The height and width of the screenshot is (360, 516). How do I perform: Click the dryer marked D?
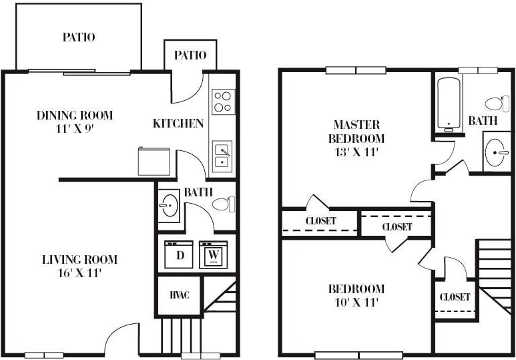click(178, 254)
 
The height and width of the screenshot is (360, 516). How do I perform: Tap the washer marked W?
click(213, 254)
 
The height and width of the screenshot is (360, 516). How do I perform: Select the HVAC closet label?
click(178, 295)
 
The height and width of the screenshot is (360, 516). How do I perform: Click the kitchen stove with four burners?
click(222, 102)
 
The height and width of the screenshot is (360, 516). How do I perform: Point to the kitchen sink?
click(222, 156)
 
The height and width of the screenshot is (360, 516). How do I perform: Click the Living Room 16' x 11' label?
click(79, 266)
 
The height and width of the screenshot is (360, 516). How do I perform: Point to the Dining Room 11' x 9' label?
click(74, 122)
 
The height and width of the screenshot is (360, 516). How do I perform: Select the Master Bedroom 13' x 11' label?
click(356, 138)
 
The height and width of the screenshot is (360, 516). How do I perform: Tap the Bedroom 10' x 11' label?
click(356, 295)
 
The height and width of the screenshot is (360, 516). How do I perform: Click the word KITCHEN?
click(178, 123)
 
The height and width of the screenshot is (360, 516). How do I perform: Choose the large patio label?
click(79, 37)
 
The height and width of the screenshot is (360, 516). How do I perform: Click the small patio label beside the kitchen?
click(190, 55)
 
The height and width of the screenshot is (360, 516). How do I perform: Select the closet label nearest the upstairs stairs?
click(455, 297)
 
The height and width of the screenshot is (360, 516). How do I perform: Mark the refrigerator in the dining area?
click(154, 162)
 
